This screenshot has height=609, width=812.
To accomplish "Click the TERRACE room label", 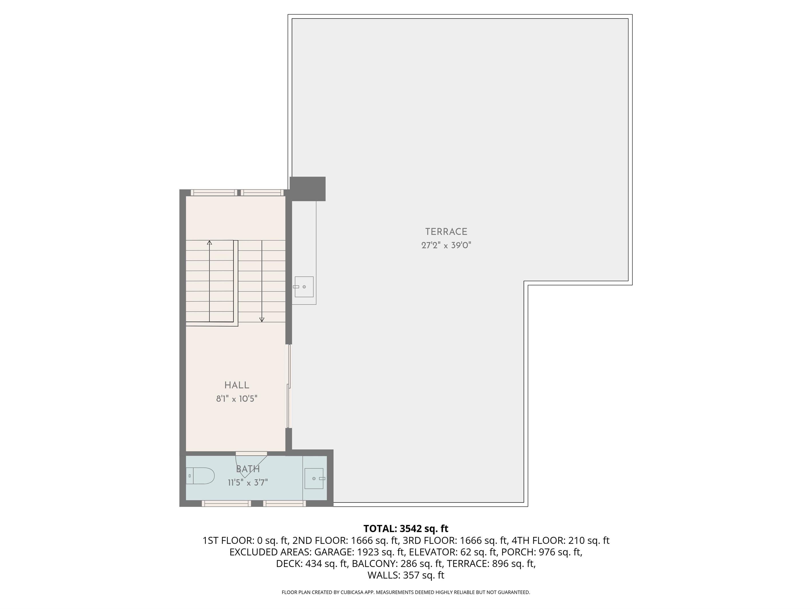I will click(446, 232).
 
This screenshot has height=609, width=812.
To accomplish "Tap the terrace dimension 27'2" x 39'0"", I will click(446, 245).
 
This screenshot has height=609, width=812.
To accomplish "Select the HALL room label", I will click(237, 385).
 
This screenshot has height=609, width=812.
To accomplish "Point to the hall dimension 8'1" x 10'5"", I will click(237, 399).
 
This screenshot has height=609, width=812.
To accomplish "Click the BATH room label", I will click(248, 469).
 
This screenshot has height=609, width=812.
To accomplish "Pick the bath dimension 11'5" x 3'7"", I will click(248, 482).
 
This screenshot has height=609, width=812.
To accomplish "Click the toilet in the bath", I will click(200, 476).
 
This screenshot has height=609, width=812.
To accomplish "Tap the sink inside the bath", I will click(314, 478).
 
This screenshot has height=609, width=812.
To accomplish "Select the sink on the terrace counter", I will click(304, 287).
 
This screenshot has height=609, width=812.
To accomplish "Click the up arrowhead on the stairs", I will click(210, 243).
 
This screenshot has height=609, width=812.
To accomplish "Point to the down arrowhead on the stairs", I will click(262, 320).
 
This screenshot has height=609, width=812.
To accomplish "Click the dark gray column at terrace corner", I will click(308, 189).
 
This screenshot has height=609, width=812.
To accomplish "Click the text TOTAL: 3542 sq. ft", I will click(406, 529).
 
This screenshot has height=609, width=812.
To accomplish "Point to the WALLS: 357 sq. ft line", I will click(406, 575).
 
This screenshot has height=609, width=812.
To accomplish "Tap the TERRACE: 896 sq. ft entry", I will click(491, 564).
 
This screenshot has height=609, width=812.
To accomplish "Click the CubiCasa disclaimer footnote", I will click(406, 592).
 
